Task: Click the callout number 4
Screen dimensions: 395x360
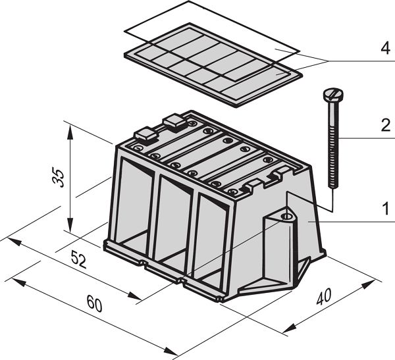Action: point(386,48)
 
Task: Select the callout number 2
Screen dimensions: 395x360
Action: point(386,126)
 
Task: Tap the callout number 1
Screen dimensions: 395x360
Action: point(386,209)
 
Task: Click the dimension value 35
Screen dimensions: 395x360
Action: point(59,177)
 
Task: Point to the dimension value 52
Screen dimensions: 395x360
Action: point(79,259)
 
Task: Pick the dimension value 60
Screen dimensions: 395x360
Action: point(94,303)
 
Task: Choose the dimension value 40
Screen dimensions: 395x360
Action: point(324,297)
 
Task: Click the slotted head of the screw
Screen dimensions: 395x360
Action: point(333,95)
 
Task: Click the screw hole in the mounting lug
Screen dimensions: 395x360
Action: point(286,216)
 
